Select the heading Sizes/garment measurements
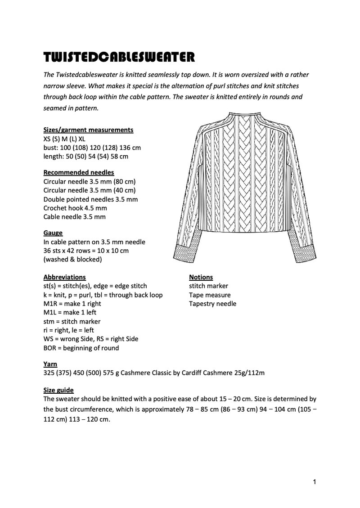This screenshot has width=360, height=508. [88, 130]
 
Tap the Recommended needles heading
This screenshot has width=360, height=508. [78, 172]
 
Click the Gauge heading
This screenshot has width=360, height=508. [53, 233]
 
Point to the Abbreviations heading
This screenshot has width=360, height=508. [64, 277]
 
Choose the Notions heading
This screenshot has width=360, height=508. [201, 277]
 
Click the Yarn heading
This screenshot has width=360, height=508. [50, 364]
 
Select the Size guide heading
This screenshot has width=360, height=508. [58, 390]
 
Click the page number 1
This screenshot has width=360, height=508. [315, 483]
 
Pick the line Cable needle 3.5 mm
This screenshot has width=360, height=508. [74, 217]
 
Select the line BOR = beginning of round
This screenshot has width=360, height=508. [81, 348]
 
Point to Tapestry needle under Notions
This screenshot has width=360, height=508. [212, 304]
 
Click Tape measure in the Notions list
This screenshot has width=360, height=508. [210, 295]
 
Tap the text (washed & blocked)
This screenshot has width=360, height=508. [72, 260]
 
